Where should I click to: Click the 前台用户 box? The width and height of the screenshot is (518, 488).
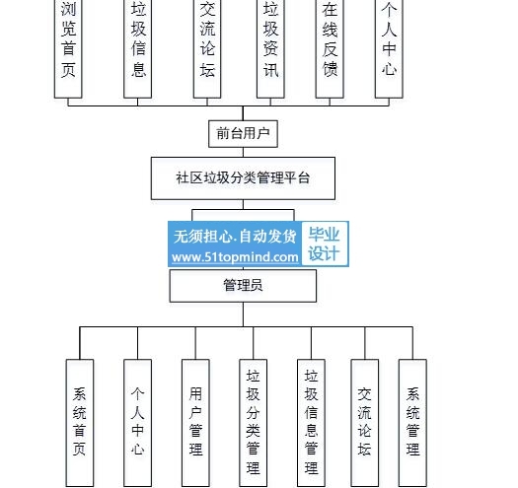[x=243, y=134]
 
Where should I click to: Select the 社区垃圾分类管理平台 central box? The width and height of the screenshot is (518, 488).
[x=243, y=178]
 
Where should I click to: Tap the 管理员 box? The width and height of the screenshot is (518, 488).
[x=243, y=286]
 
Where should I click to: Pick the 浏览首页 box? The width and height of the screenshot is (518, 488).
[x=68, y=49]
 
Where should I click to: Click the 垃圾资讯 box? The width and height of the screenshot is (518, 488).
[x=270, y=49]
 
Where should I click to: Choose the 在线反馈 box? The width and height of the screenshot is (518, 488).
[x=330, y=49]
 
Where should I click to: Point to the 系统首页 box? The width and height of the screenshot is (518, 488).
[x=80, y=423]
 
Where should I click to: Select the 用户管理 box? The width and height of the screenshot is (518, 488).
[x=195, y=423]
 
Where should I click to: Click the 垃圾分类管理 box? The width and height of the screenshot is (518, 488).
[x=254, y=423]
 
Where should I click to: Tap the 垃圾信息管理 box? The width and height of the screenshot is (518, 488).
[x=311, y=423]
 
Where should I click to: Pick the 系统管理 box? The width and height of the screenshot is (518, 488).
[x=412, y=423]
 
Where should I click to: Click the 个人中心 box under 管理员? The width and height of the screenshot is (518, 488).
[x=138, y=423]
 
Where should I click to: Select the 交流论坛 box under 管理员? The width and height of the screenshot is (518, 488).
[x=365, y=423]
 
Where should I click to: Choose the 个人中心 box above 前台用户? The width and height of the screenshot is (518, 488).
[x=389, y=49]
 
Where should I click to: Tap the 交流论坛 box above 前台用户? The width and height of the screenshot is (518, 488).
[x=207, y=49]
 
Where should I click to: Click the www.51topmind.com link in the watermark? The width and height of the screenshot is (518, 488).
[x=235, y=257]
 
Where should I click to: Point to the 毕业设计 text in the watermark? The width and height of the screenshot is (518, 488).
[x=324, y=244]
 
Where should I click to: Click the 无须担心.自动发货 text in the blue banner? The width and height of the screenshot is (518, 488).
[x=235, y=236]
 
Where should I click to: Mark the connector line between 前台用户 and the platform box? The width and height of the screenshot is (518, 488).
[x=243, y=152]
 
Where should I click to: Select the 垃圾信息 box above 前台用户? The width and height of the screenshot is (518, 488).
[x=138, y=49]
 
